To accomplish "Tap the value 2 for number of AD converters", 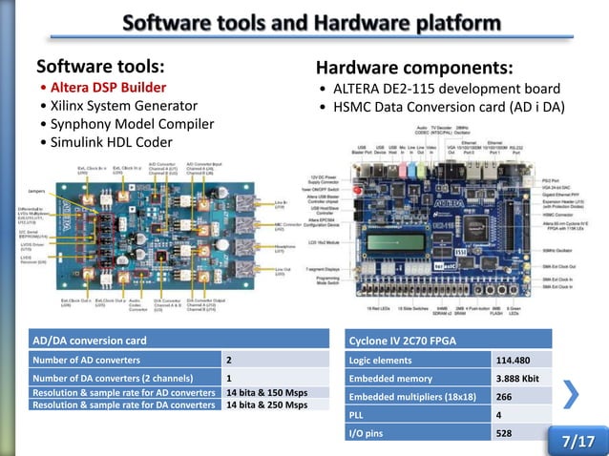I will (229, 360).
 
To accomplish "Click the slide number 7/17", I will (577, 442).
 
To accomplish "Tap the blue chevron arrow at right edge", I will (571, 394).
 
